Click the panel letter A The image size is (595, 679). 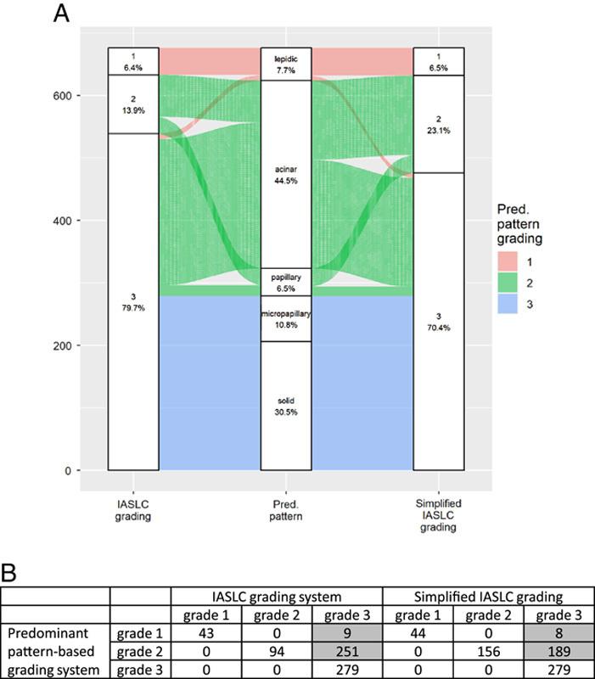click(62, 14)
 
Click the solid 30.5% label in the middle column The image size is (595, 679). click(286, 405)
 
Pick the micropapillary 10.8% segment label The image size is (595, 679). click(286, 318)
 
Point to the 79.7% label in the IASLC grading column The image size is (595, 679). click(133, 302)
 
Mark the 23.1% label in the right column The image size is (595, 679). click(439, 125)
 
